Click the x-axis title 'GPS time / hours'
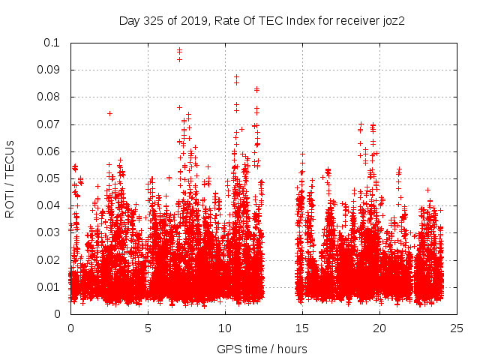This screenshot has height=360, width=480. (262, 349)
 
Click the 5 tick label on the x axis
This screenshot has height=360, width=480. (148, 328)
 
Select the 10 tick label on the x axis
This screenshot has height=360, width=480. (225, 328)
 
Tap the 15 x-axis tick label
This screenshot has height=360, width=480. (302, 328)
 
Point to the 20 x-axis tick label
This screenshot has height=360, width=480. (379, 328)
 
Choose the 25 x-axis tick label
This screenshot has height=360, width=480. (457, 328)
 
